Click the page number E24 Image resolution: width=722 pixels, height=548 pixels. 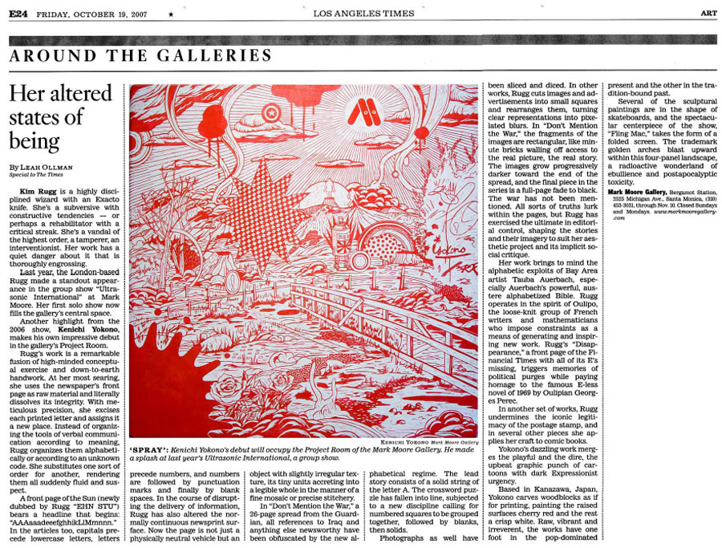19,13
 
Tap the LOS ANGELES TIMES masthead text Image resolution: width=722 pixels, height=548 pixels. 363,13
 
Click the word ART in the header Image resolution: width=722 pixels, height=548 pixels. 708,13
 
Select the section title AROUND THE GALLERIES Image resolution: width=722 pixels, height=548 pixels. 141,56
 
